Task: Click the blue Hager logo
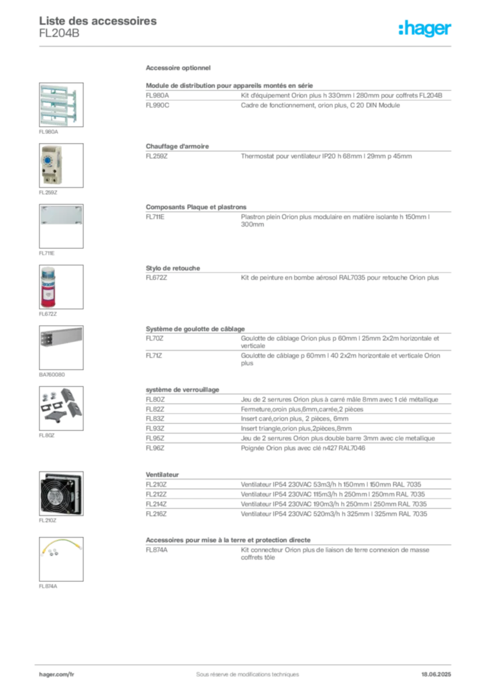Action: [x=426, y=29]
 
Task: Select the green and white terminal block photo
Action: [x=59, y=103]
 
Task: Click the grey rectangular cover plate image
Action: [x=60, y=215]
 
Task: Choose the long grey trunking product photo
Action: [x=61, y=337]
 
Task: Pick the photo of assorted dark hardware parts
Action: [x=60, y=405]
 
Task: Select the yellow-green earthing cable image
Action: [x=60, y=550]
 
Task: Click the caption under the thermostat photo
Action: [x=48, y=193]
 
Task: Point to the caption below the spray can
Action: [x=48, y=314]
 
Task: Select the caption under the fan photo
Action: [x=48, y=521]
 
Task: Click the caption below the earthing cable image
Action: [x=48, y=587]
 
